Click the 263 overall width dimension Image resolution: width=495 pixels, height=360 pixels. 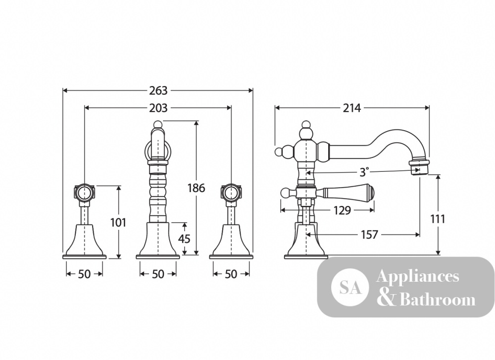[x=158, y=91]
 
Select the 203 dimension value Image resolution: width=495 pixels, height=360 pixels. [x=158, y=108]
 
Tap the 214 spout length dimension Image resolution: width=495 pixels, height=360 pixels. [x=351, y=108]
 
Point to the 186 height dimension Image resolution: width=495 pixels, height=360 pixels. [x=196, y=188]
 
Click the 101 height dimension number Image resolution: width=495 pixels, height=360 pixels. [x=118, y=222]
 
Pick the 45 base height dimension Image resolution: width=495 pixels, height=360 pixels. [x=184, y=239]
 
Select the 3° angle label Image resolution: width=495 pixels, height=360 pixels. [x=364, y=172]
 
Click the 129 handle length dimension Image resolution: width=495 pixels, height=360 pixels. [x=342, y=210]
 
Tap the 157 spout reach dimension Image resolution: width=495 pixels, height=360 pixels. [x=369, y=235]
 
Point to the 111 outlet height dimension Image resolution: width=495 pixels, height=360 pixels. [x=438, y=219]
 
